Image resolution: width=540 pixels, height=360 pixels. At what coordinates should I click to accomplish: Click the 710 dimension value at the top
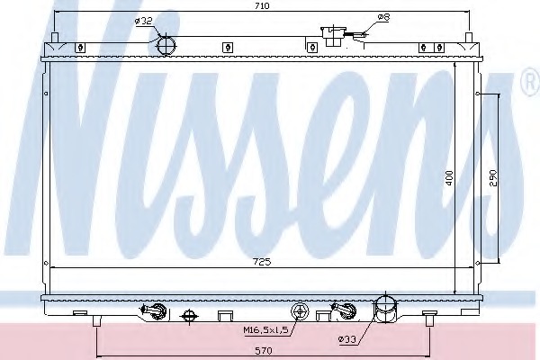[262, 6]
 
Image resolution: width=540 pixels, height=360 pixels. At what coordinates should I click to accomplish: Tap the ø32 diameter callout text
[143, 21]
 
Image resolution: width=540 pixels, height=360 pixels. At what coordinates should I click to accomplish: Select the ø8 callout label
[383, 17]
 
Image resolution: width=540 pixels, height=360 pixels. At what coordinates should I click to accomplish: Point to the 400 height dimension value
[449, 178]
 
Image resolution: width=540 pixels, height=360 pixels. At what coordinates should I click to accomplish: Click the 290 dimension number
[493, 178]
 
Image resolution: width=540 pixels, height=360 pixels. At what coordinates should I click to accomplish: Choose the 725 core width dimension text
[262, 262]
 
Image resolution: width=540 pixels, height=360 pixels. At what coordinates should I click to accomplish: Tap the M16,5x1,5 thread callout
[265, 330]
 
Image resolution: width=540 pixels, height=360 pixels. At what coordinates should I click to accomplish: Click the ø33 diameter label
[346, 339]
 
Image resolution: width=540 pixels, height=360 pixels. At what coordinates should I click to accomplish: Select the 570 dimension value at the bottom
[264, 351]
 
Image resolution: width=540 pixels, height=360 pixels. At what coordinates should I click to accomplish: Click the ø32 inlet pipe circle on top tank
[166, 45]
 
